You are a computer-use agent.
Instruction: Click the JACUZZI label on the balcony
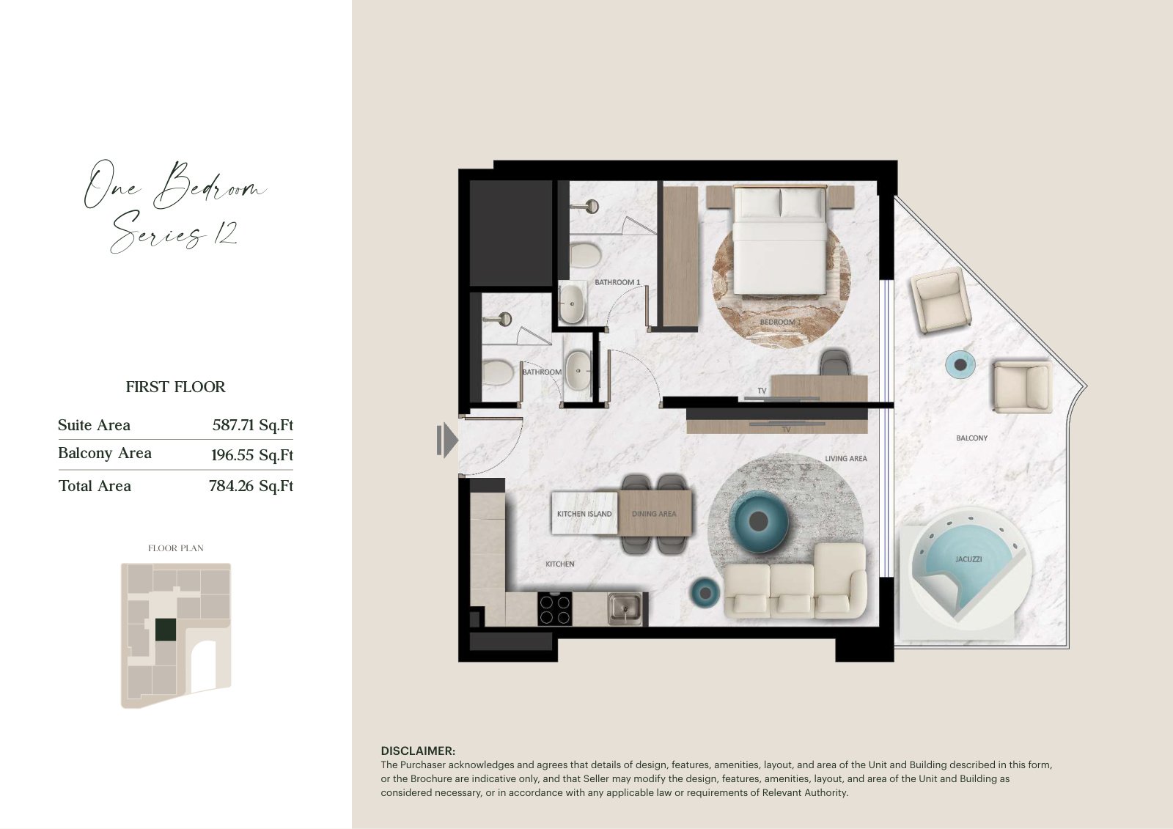[968, 559]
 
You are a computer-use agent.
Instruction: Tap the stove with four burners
[554, 608]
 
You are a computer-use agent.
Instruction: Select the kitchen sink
[624, 609]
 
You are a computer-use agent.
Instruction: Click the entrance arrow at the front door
[447, 441]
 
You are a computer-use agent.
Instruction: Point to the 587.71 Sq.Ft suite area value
[252, 424]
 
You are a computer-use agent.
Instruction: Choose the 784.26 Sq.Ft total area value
[251, 486]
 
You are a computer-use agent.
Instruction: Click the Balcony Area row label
[105, 453]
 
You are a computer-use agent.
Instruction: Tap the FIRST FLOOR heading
[175, 387]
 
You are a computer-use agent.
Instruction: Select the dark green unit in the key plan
[166, 630]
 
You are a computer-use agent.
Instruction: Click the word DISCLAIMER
[418, 751]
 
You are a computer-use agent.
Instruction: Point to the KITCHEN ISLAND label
[584, 514]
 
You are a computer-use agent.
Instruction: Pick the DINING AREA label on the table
[653, 514]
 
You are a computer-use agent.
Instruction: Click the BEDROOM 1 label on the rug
[780, 322]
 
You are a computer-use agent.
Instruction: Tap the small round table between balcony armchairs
[960, 364]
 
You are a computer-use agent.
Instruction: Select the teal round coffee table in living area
[758, 521]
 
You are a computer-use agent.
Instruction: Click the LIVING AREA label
[846, 459]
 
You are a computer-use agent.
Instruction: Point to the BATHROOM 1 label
[617, 282]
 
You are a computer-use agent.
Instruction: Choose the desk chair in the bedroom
[835, 362]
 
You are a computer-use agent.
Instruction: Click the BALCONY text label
[971, 438]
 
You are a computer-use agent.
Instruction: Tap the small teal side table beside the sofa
[705, 593]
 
